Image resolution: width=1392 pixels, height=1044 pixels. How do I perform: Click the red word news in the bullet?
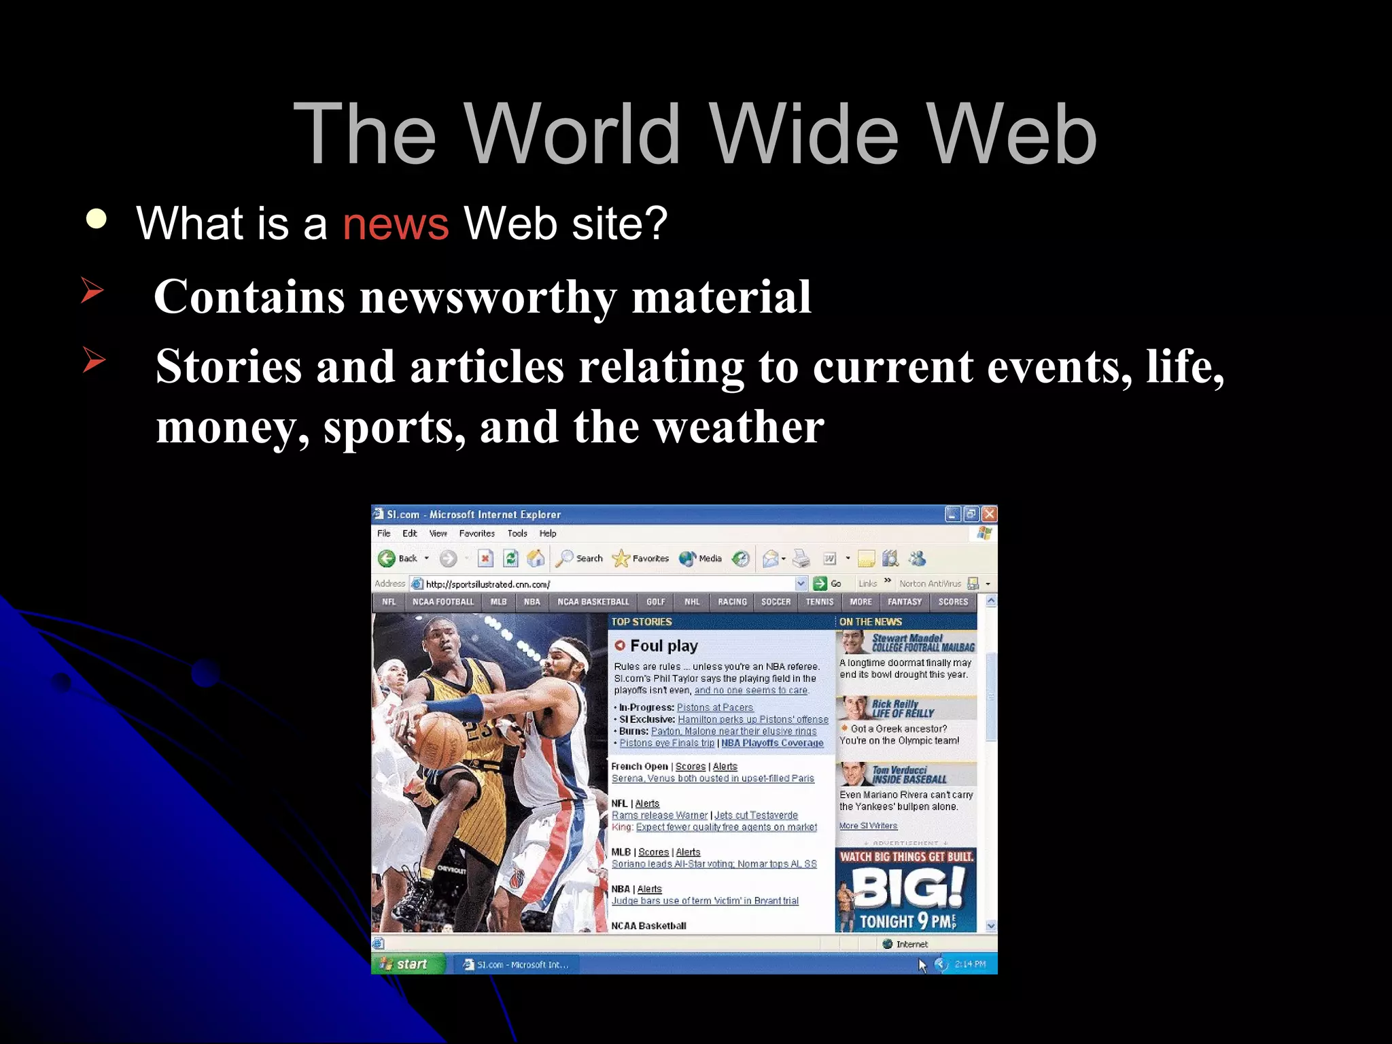(x=395, y=224)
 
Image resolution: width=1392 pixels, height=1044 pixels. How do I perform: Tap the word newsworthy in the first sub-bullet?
(x=488, y=297)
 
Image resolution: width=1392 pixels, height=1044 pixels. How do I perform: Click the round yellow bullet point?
(x=97, y=219)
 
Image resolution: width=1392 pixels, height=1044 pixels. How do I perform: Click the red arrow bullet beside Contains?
(x=92, y=290)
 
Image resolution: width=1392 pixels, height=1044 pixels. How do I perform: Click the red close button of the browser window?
(x=989, y=514)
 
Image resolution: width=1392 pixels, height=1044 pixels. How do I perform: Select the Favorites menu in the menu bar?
(x=476, y=534)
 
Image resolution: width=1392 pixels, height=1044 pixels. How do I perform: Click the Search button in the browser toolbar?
(x=580, y=559)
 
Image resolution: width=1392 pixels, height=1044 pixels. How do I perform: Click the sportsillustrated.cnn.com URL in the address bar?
(x=487, y=584)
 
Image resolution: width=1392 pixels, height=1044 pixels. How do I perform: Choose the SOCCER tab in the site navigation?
(x=776, y=602)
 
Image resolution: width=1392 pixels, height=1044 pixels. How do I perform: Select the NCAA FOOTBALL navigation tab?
(x=443, y=602)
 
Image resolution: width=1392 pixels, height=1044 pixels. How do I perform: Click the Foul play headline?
(x=663, y=646)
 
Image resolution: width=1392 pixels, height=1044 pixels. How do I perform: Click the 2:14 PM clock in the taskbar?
(x=970, y=964)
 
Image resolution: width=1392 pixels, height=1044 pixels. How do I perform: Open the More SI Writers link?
(x=868, y=826)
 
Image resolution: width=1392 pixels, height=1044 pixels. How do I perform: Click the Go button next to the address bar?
(x=829, y=584)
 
